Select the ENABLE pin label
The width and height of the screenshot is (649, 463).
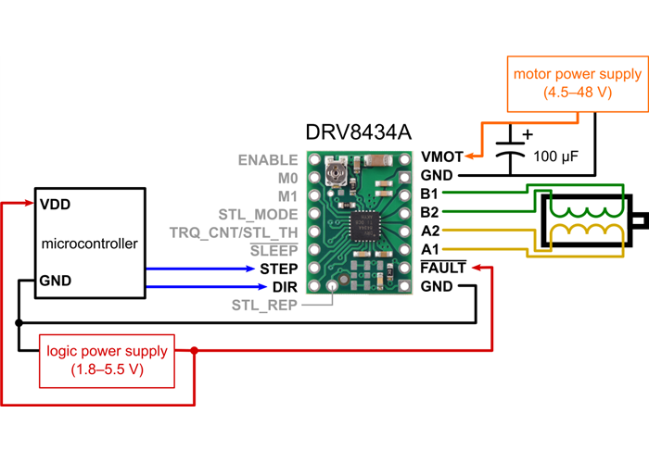click(268, 159)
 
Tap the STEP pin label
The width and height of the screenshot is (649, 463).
click(278, 269)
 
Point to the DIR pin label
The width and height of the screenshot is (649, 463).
click(284, 286)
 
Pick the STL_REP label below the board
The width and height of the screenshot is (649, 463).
click(264, 305)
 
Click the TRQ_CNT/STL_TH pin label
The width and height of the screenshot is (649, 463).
click(234, 231)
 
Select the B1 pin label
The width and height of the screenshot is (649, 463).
click(429, 194)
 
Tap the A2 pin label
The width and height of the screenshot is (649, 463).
click(429, 231)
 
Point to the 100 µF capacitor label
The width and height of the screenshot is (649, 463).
click(556, 157)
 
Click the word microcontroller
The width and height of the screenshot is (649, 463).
click(90, 244)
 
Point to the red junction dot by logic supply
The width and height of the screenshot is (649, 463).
click(194, 351)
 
